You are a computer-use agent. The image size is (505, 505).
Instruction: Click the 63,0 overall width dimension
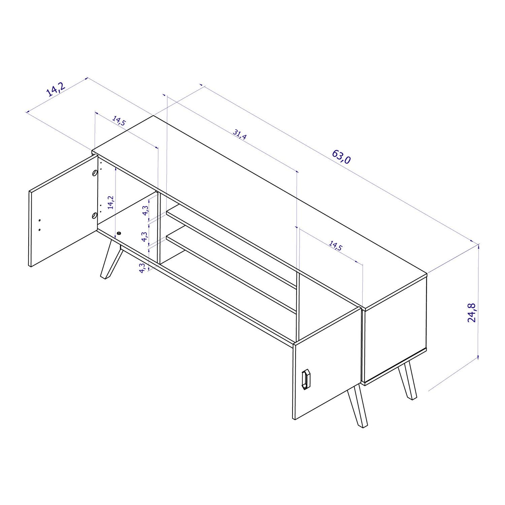click(x=341, y=157)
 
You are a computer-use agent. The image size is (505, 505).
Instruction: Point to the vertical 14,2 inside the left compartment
click(x=111, y=203)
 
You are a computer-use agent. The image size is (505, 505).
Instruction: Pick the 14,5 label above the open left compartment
click(x=119, y=121)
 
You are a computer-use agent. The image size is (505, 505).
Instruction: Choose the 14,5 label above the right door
click(x=335, y=246)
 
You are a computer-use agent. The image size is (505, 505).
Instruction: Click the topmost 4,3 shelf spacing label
click(x=145, y=210)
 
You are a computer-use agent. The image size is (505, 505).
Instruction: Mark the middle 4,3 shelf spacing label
click(x=144, y=237)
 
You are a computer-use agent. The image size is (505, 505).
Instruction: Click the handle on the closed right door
click(x=306, y=379)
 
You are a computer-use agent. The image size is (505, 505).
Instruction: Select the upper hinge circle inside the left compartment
click(x=95, y=173)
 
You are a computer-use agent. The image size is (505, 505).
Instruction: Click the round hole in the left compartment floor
click(x=119, y=233)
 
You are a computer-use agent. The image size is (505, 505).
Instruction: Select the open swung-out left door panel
click(x=62, y=212)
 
